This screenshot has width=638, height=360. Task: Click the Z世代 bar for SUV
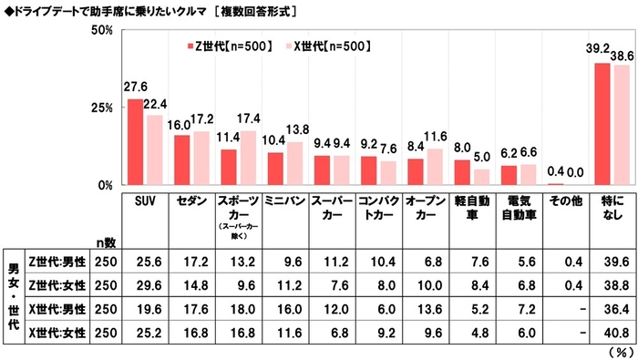click(135, 142)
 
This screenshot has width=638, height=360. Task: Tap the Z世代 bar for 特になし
click(602, 124)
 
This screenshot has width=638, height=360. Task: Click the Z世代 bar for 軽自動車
click(462, 172)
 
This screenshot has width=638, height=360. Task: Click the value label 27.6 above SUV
click(135, 87)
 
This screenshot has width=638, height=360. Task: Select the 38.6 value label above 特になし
click(623, 56)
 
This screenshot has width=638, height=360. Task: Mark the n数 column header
click(108, 242)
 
